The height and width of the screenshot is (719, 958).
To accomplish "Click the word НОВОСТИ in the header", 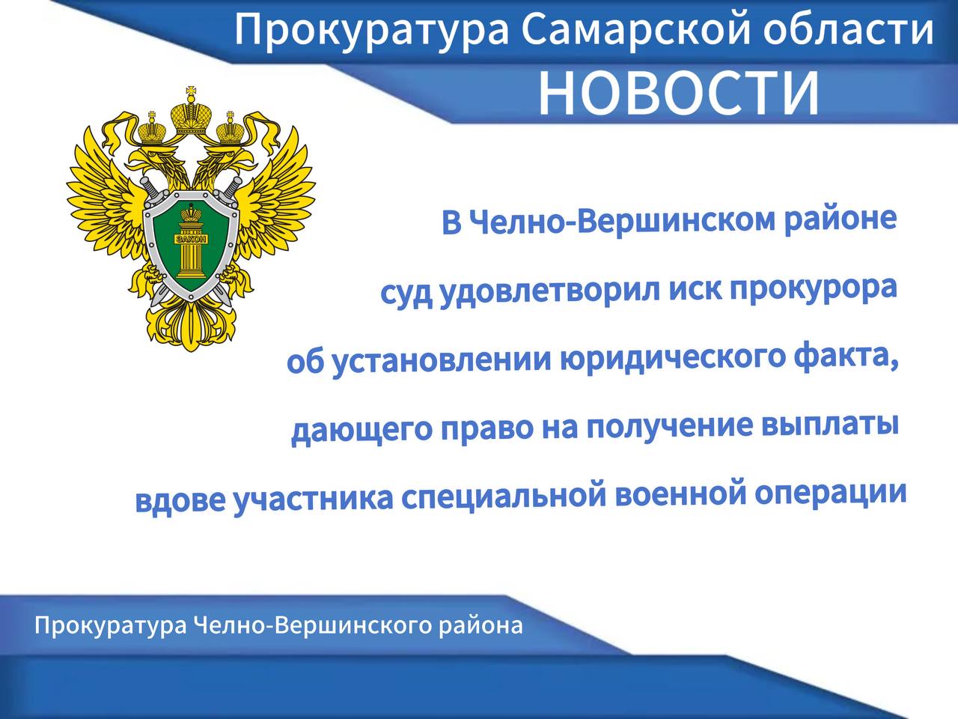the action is (678, 93).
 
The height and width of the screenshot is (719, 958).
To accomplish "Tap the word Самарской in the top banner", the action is (635, 30).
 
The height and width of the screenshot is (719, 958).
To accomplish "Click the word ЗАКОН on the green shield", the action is (192, 239).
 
